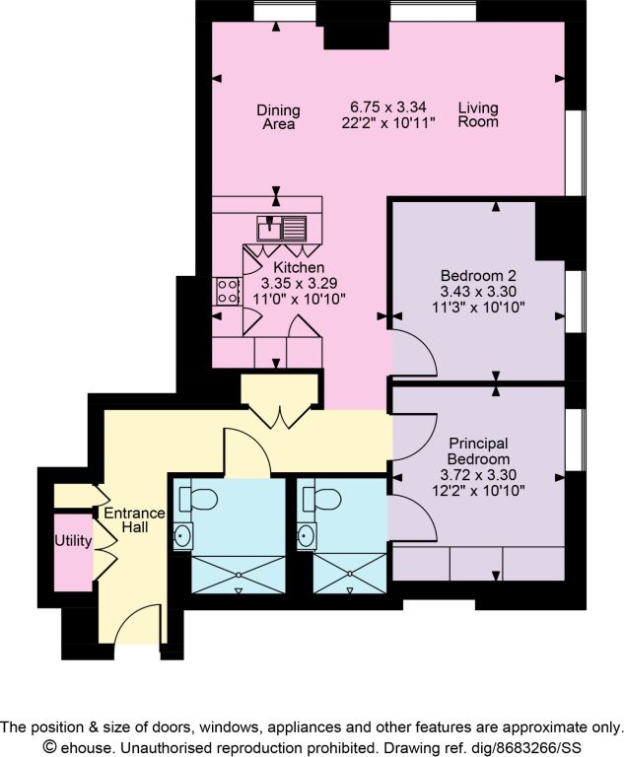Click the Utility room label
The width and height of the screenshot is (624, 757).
coord(73,541)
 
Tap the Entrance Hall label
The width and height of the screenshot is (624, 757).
coord(135,520)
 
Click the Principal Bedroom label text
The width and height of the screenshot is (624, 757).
coord(478,450)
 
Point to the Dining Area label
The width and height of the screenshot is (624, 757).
coord(278,117)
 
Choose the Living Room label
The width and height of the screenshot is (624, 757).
coord(478,114)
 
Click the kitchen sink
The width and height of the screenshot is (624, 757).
coord(282,228)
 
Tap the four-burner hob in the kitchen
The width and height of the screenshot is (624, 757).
coord(227,291)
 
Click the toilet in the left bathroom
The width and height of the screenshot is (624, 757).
coord(197,499)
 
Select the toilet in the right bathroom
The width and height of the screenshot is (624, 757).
coord(321,499)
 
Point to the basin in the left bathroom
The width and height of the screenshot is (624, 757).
coord(182,535)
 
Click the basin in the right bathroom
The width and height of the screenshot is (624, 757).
coord(307,535)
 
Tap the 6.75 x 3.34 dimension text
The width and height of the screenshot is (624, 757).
coord(388,106)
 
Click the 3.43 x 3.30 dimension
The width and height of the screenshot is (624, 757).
coord(478,291)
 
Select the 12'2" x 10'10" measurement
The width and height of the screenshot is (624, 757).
coord(478,491)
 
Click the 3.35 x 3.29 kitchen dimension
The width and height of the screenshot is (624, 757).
coord(299,283)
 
